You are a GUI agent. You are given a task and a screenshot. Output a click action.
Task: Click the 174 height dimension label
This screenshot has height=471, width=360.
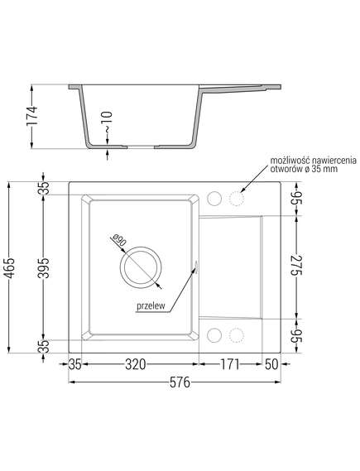[32, 116]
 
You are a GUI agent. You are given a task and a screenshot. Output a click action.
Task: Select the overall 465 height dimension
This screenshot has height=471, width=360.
[10, 267]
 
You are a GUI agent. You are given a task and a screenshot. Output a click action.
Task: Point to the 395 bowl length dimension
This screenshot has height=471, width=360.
[45, 267]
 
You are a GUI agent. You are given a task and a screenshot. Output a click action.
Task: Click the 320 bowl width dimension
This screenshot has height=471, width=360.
[136, 364]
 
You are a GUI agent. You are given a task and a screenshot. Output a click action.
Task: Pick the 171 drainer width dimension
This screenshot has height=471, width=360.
[230, 364]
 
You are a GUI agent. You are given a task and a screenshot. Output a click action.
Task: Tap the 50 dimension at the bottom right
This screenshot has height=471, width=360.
[271, 364]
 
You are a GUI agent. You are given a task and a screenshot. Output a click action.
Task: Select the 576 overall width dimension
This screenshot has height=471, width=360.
[180, 382]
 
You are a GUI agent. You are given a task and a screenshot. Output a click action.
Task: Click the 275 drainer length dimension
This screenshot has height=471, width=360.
[296, 265]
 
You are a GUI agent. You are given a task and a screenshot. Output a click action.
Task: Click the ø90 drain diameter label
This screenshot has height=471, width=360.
[118, 241]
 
